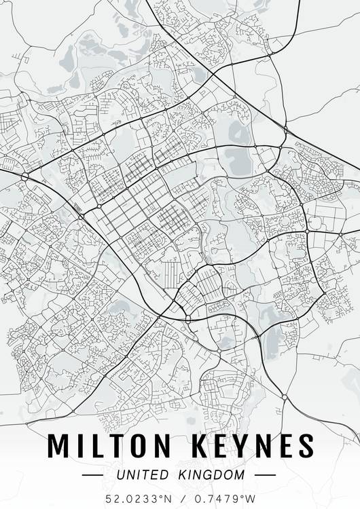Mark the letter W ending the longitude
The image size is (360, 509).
pos(251,498)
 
